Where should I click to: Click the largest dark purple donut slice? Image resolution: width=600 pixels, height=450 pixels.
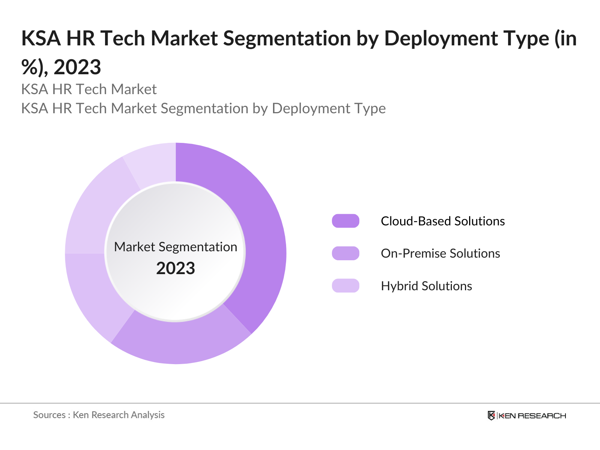pyautogui.click(x=259, y=232)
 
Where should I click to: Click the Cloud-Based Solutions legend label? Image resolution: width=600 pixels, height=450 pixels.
pyautogui.click(x=442, y=221)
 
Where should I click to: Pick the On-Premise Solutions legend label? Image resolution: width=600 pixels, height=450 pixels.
pyautogui.click(x=440, y=253)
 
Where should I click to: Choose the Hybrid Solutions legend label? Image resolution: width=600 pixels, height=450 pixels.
pyautogui.click(x=426, y=286)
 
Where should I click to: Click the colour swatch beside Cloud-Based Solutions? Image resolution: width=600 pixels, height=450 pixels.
pyautogui.click(x=345, y=221)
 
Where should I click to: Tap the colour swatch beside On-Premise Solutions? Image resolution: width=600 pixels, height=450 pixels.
pyautogui.click(x=345, y=253)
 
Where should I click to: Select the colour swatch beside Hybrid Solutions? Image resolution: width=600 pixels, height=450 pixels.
pyautogui.click(x=345, y=286)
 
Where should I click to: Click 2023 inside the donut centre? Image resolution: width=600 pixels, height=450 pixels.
pyautogui.click(x=175, y=268)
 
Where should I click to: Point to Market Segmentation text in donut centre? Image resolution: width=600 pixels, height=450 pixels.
pyautogui.click(x=175, y=247)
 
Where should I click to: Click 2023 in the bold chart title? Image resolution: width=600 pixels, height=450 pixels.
pyautogui.click(x=77, y=67)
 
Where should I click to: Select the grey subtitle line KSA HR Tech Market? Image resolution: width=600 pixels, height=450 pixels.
pyautogui.click(x=89, y=89)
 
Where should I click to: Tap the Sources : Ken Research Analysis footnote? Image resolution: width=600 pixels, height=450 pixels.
pyautogui.click(x=99, y=415)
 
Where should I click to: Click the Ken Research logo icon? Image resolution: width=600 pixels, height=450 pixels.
pyautogui.click(x=491, y=415)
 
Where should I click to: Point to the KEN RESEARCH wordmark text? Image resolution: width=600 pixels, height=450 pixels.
pyautogui.click(x=532, y=415)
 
